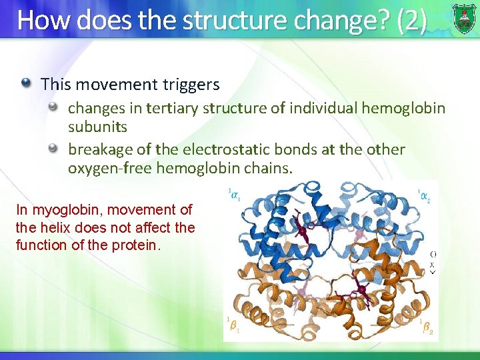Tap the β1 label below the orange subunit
233,325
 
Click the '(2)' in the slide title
411,20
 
